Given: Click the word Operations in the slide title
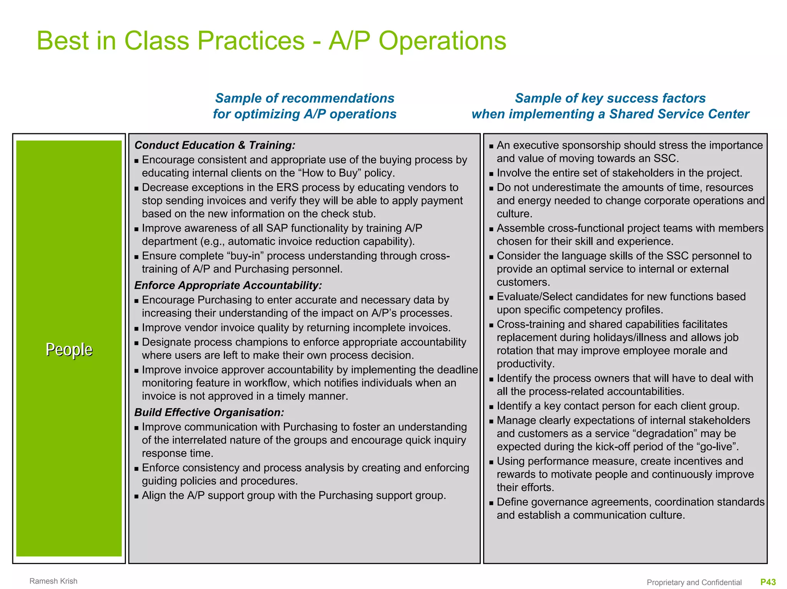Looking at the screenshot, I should click(442, 41).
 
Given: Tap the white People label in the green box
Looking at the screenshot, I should click(69, 349).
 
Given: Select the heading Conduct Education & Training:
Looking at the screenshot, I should click(215, 145).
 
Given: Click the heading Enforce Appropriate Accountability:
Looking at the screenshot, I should click(228, 285).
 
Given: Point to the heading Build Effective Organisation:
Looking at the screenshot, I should click(209, 412).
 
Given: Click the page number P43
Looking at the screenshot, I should click(768, 582).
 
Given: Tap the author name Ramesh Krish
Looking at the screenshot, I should click(53, 581).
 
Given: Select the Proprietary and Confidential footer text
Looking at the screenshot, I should click(694, 582).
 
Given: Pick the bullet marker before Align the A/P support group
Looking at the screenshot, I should click(136, 496).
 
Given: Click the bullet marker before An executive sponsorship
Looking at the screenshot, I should click(491, 146).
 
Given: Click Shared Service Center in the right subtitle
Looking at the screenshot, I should click(679, 114).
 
